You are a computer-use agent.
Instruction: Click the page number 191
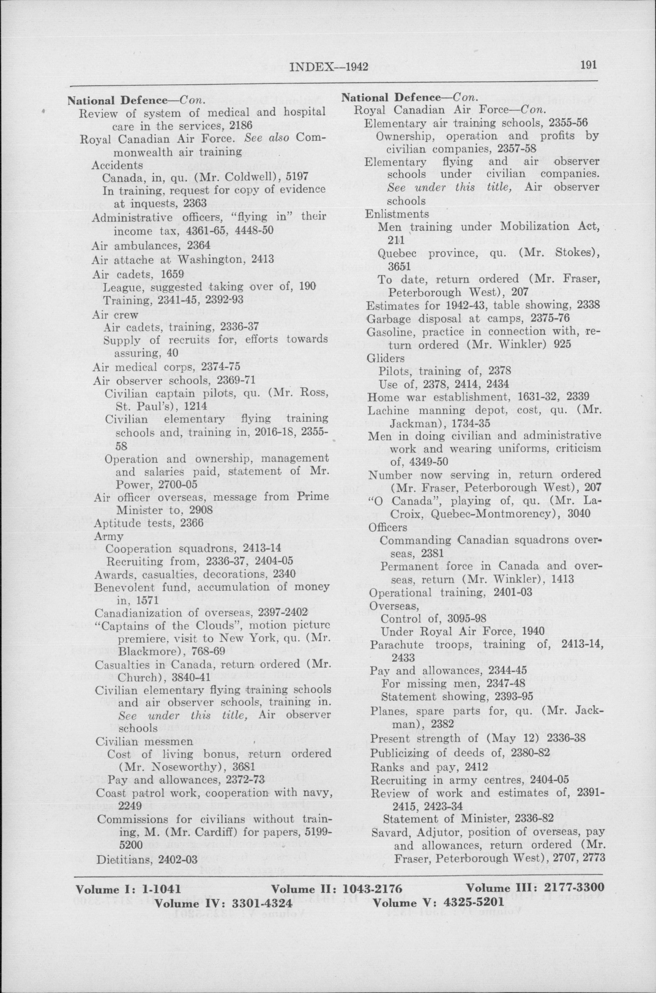point(588,65)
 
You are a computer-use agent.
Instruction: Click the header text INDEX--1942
point(328,67)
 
